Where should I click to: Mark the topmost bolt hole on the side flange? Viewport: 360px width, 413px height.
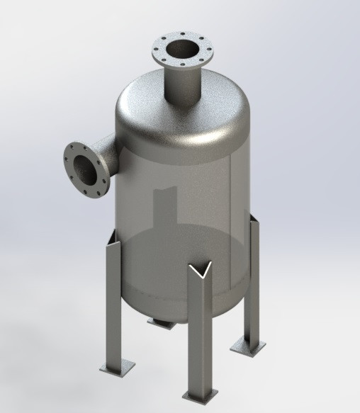[x=74, y=146]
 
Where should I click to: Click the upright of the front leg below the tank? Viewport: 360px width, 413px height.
[x=199, y=333]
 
